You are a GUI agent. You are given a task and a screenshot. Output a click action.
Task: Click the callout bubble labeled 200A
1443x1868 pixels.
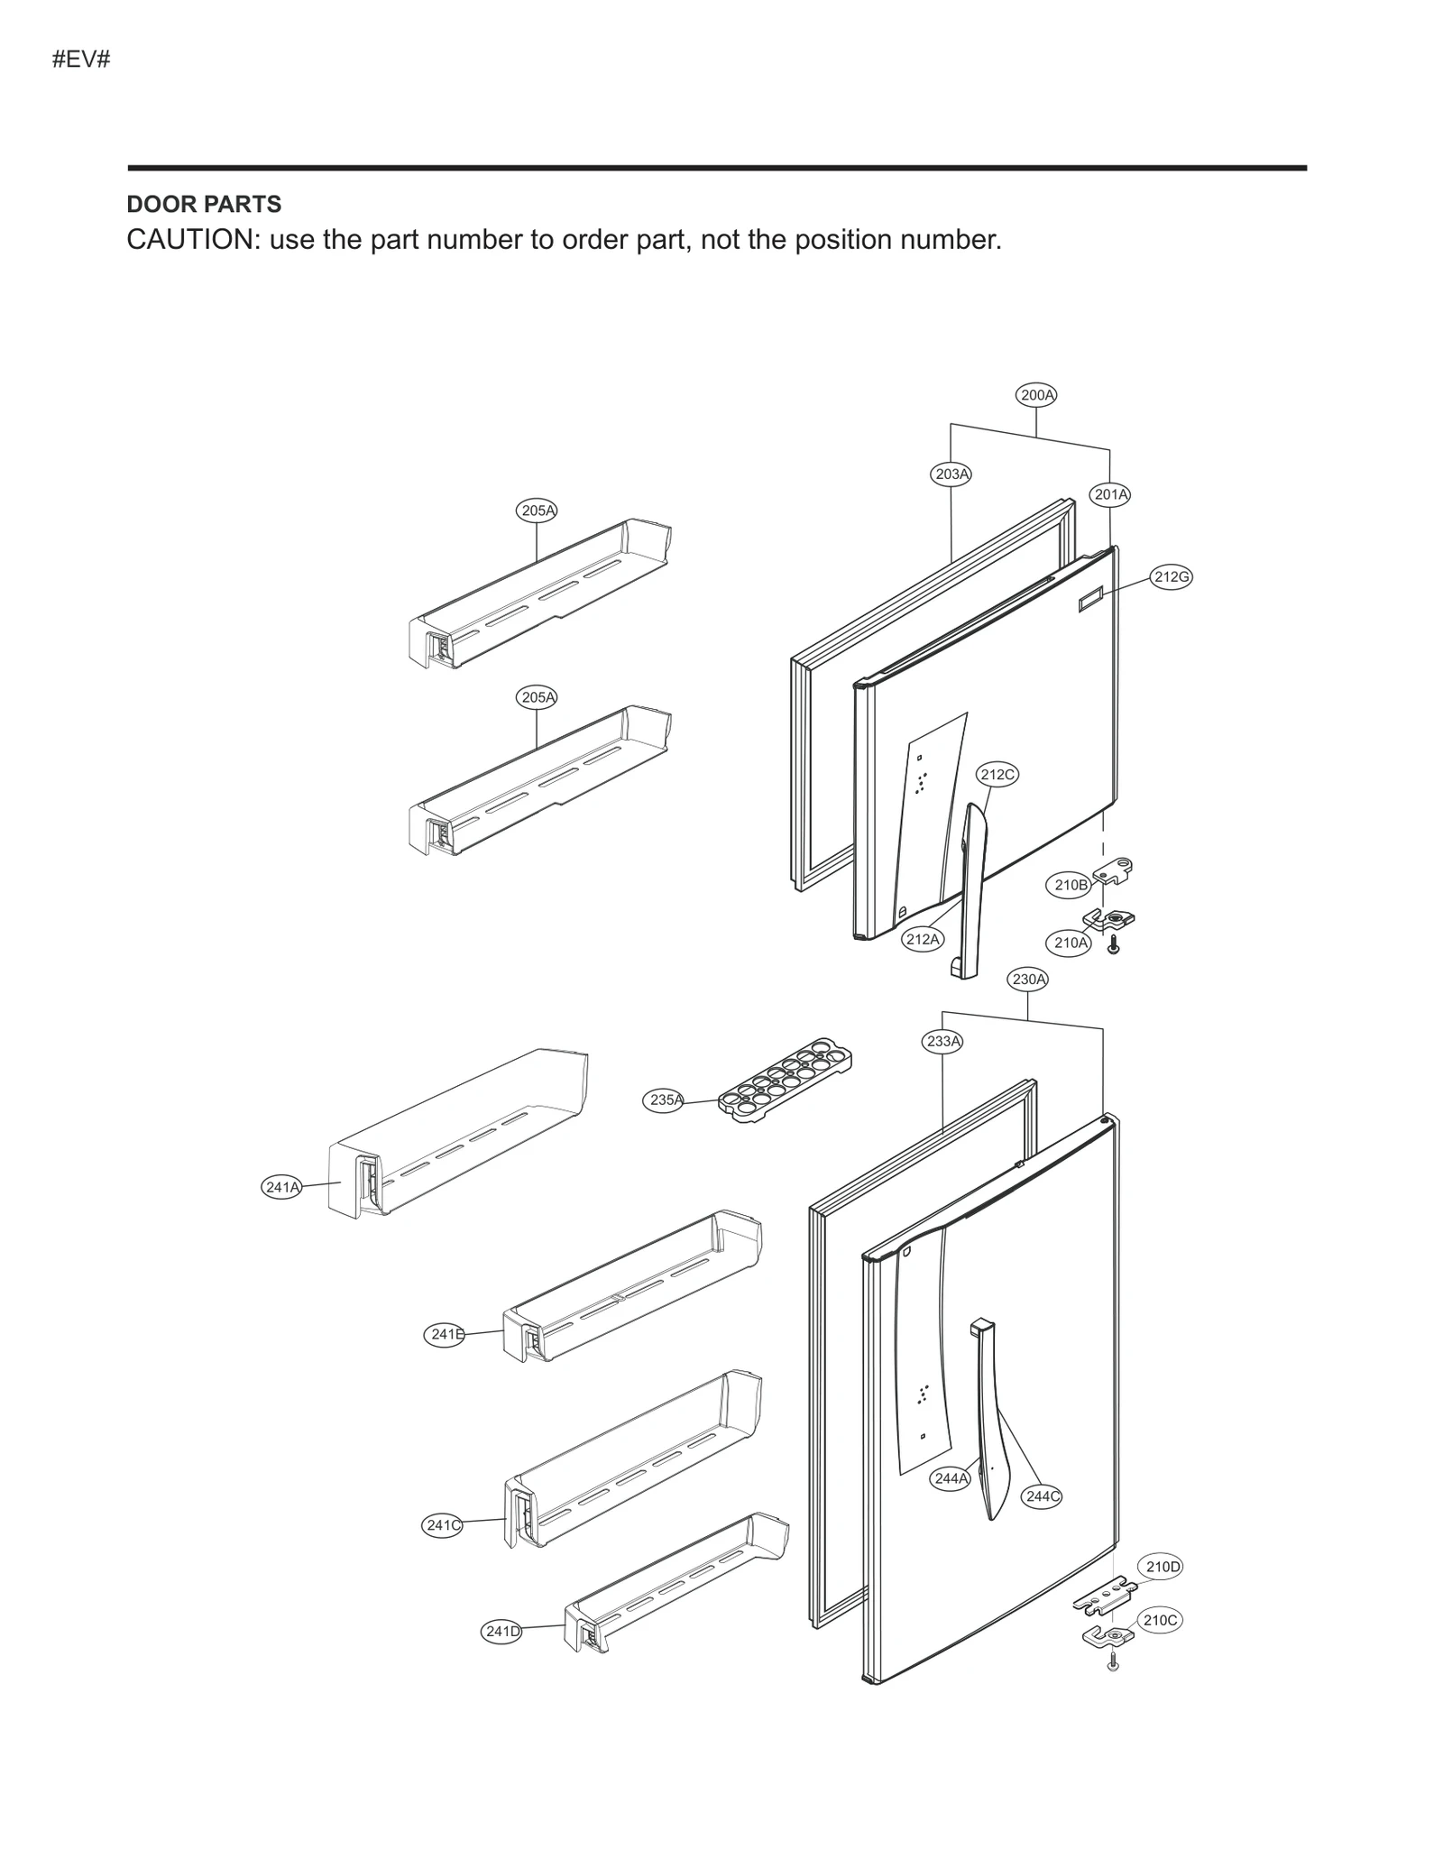coord(1036,394)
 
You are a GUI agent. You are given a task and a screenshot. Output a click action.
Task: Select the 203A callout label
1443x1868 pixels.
coord(951,474)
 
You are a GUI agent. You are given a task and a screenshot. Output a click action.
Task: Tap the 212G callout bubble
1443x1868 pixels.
coord(1172,577)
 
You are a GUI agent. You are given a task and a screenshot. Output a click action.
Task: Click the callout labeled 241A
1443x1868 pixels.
coord(282,1187)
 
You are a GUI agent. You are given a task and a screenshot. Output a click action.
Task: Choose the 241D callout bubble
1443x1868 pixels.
coord(502,1631)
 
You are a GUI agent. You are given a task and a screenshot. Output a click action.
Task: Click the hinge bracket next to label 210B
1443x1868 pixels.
coord(1114,870)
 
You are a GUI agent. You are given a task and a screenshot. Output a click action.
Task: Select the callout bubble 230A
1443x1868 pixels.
coord(1028,979)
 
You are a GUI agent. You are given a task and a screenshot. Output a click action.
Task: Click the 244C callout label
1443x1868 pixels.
coord(1042,1496)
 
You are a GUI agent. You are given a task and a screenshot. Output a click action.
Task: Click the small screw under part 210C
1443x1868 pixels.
coord(1113,1662)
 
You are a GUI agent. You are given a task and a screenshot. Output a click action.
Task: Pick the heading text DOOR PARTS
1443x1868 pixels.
coord(204,205)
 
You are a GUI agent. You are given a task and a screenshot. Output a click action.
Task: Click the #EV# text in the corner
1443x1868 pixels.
coord(81,60)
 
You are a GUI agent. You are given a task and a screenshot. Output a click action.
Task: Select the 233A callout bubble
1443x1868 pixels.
coord(943,1041)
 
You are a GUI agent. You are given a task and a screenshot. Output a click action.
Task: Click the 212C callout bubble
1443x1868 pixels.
coord(997,774)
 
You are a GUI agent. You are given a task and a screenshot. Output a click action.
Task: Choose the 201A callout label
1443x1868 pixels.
coord(1110,494)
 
